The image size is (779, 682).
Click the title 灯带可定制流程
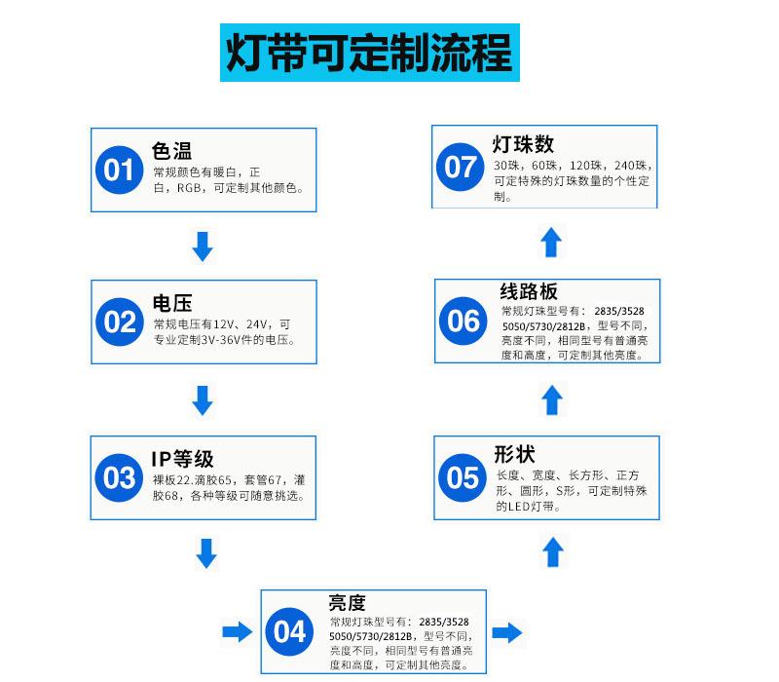[x=370, y=53]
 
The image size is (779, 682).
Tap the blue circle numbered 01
[x=119, y=170]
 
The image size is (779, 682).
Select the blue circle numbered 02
[x=120, y=322]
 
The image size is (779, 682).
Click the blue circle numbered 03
[x=119, y=477]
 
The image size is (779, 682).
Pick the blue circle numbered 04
[x=289, y=631]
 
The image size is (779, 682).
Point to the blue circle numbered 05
[x=463, y=477]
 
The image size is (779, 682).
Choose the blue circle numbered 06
[x=464, y=322]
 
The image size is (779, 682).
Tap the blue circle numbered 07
[x=460, y=167]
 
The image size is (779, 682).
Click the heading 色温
[x=172, y=151]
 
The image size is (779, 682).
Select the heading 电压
[x=172, y=303]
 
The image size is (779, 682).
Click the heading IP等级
[x=182, y=459]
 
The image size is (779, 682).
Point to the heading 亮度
[x=348, y=603]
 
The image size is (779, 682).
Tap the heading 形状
[x=514, y=454]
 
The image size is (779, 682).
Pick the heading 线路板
[x=529, y=291]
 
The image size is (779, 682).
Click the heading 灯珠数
[x=523, y=144]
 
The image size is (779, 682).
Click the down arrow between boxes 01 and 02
[x=203, y=246]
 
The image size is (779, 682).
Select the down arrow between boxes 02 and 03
[x=203, y=400]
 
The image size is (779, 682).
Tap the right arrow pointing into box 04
[x=238, y=631]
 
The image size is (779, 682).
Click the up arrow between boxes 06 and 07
[x=551, y=242]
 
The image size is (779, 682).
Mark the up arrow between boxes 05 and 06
[x=552, y=400]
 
